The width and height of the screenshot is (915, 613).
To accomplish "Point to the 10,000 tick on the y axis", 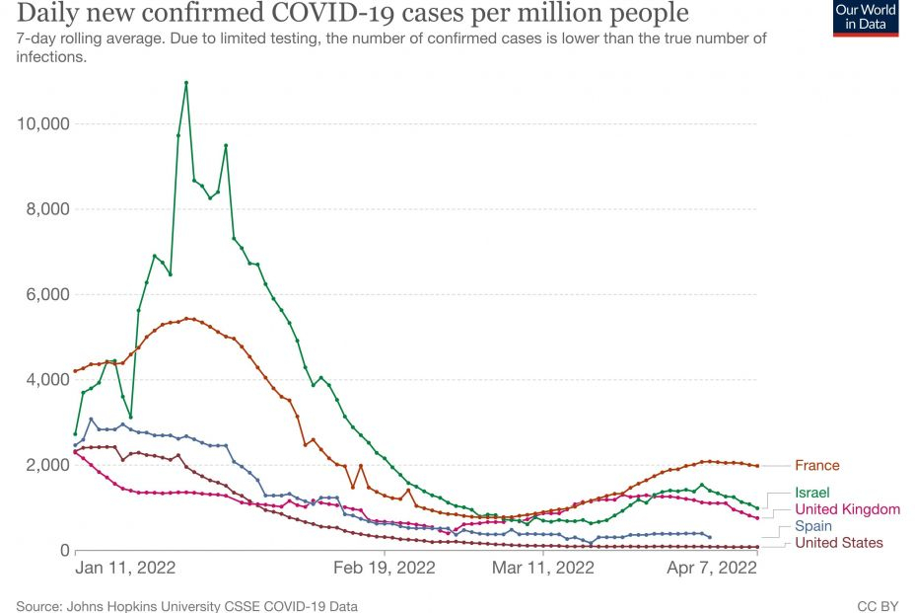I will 42,123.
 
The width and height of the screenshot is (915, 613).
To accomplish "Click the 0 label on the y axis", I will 63,550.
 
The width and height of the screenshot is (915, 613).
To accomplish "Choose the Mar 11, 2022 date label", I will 543,569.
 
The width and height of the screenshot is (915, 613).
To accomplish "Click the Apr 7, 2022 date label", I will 712,569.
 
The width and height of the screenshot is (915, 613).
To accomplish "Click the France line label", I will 817,465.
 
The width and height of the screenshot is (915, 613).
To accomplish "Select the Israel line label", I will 812,492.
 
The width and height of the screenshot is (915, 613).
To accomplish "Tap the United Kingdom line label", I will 847,509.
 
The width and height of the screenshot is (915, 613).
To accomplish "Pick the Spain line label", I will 813,526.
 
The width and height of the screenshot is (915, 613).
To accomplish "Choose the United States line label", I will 838,543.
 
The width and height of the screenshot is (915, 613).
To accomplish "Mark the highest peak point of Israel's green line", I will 186,82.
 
